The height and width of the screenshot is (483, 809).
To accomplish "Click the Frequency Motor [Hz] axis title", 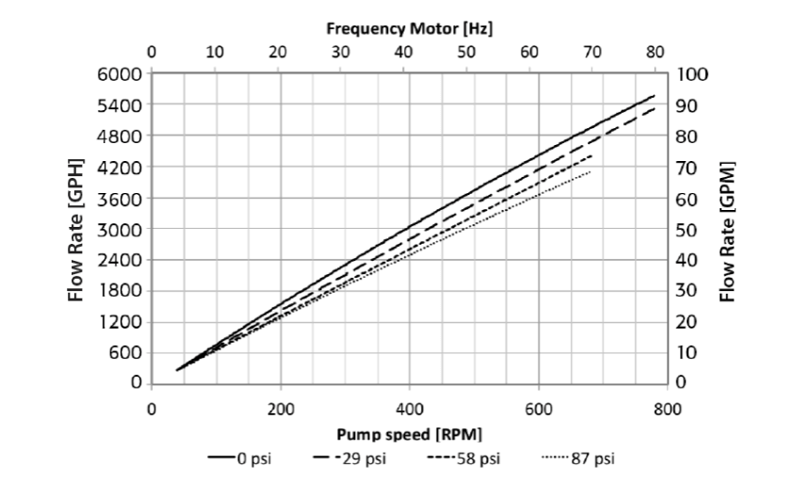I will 410,29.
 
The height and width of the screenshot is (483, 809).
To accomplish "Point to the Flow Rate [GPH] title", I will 77,228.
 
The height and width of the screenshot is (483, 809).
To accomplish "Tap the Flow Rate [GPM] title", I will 726,228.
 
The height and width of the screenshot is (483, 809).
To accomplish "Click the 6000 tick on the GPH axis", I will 120,73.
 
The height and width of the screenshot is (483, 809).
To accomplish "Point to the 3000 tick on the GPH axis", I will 120,229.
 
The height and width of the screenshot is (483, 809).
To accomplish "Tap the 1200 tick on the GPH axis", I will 120,322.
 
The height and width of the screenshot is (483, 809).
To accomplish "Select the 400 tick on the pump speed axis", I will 409,410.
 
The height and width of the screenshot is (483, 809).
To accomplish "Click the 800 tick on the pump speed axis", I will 666,410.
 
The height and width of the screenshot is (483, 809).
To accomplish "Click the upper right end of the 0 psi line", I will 654,95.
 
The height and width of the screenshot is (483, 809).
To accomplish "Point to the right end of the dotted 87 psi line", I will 591,171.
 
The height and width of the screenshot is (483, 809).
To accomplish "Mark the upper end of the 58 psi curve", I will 591,155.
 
